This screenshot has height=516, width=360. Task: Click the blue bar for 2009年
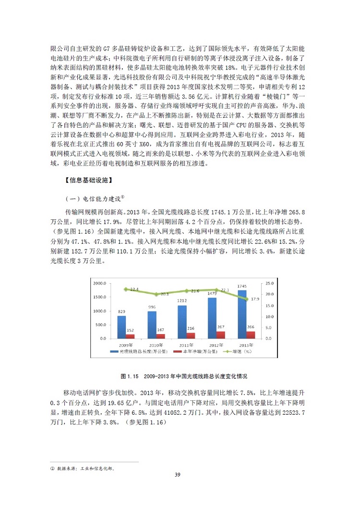tap(121, 327)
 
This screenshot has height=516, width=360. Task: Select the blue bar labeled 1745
tap(242, 314)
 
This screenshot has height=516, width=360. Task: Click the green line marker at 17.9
tap(247, 299)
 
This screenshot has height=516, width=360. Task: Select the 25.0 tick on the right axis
tap(269, 283)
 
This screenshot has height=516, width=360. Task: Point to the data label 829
tap(121, 312)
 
